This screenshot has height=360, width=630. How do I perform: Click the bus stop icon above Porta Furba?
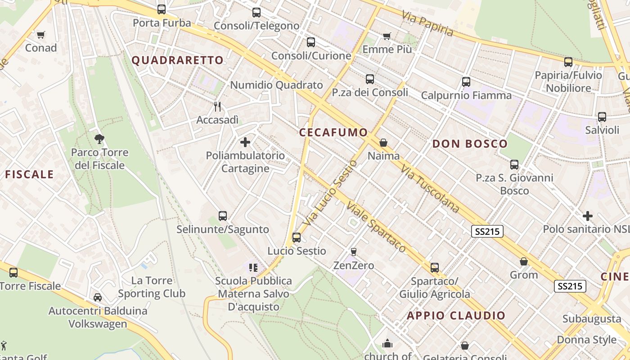(x=162, y=9)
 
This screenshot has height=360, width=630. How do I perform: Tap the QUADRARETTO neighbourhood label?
(x=177, y=60)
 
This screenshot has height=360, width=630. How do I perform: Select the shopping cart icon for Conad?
(x=41, y=35)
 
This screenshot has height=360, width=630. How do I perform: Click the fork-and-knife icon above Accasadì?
(x=218, y=106)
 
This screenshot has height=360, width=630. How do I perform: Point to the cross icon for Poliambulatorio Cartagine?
(x=245, y=143)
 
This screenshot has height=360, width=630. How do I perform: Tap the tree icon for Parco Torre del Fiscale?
(x=99, y=139)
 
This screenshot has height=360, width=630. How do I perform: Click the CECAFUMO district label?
(x=333, y=132)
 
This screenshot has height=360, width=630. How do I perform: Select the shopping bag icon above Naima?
(x=383, y=143)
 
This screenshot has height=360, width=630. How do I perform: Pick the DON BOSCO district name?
(x=470, y=144)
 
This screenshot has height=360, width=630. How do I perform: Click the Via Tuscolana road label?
(x=430, y=189)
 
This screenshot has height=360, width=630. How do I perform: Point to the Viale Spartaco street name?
(x=376, y=227)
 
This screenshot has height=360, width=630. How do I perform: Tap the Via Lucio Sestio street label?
(x=330, y=193)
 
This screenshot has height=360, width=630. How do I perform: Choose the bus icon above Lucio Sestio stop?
(x=297, y=237)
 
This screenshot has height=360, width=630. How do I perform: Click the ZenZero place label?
(x=354, y=265)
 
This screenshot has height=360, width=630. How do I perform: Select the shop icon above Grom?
(x=524, y=261)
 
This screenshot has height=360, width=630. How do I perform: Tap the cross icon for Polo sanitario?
(x=588, y=216)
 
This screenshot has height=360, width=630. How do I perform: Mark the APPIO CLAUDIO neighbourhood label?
(x=456, y=315)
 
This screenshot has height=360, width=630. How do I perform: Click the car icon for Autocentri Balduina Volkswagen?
(x=98, y=297)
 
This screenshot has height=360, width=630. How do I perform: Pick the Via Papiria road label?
(x=427, y=24)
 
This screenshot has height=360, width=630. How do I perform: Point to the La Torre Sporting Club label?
(x=152, y=287)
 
